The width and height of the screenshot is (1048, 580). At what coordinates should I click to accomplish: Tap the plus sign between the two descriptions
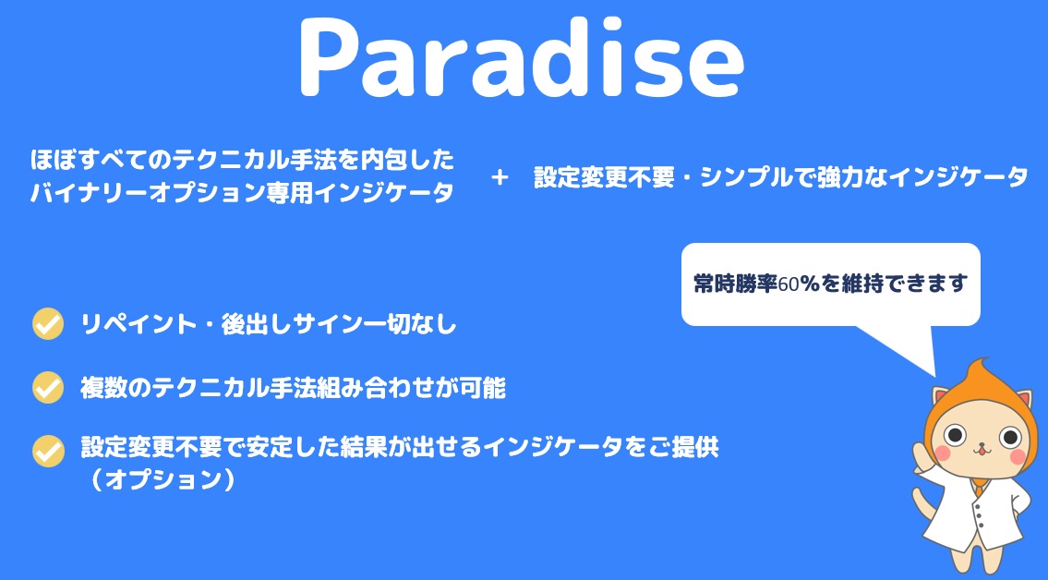point(500,177)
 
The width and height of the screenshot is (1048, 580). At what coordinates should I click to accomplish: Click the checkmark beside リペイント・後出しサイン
point(48,325)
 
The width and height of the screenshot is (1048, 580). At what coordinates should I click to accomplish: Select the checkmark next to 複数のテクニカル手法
point(48,388)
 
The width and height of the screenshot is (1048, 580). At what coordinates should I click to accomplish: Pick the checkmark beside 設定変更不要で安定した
point(48,451)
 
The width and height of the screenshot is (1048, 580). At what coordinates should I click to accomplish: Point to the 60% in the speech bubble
point(800,284)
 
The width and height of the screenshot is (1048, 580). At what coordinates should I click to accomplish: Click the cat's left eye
point(956,436)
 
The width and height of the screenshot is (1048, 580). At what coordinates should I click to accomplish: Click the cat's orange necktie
point(979,489)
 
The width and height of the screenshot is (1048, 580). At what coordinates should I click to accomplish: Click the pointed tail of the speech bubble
point(934,375)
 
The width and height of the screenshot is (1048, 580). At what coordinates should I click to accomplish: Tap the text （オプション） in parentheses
point(163,479)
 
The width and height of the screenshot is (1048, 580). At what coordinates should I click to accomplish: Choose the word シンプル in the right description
point(742,177)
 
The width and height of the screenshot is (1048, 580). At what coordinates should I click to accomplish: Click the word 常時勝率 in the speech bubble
point(735,284)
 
